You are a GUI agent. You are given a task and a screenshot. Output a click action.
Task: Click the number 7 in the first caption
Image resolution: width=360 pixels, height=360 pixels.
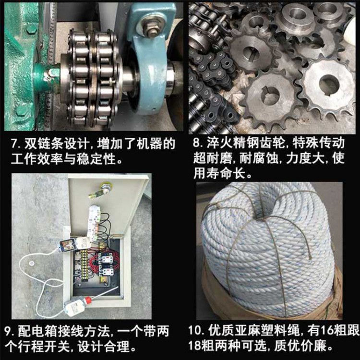(14, 144)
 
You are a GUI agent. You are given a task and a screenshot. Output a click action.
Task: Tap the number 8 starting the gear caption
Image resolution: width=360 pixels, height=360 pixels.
(197, 143)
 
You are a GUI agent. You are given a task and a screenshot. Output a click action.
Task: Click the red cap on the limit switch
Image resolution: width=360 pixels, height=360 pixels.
(87, 300)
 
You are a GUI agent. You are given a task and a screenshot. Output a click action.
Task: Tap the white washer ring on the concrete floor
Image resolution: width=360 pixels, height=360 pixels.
(31, 263)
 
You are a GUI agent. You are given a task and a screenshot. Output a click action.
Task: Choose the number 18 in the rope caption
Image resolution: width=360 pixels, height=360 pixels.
(195, 346)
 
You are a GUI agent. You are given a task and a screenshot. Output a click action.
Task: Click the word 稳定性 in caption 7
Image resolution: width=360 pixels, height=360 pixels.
(96, 159)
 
